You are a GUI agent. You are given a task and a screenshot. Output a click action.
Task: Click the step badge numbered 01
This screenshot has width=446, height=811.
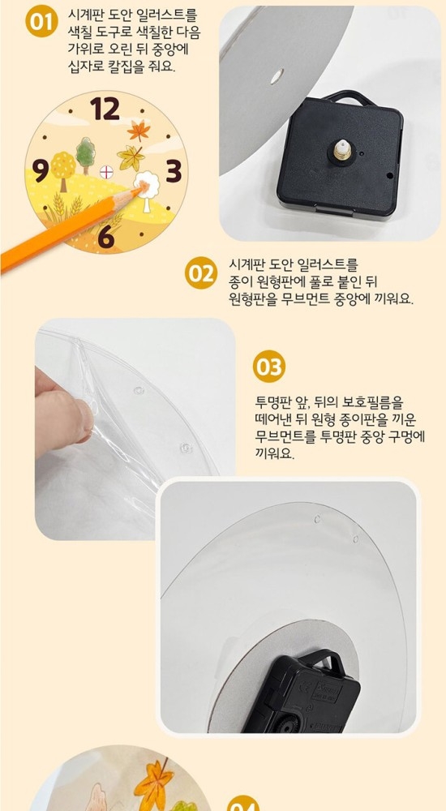pyautogui.click(x=41, y=21)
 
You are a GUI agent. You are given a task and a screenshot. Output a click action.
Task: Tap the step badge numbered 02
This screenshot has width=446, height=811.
pyautogui.click(x=201, y=273)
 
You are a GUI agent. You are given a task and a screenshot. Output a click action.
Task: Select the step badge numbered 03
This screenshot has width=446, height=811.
pyautogui.click(x=269, y=367)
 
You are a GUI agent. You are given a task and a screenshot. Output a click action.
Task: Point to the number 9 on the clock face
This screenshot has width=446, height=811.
pyautogui.click(x=40, y=170)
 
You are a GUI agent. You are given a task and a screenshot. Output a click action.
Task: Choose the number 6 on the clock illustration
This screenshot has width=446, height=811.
pyautogui.click(x=106, y=236)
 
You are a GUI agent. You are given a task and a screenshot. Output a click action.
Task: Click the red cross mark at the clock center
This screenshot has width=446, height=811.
pyautogui.click(x=106, y=172)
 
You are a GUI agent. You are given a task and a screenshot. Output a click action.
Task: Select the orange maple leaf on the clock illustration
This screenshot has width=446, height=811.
pyautogui.click(x=139, y=130)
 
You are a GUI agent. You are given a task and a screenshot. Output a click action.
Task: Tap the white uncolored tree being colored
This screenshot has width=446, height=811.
pyautogui.click(x=147, y=188)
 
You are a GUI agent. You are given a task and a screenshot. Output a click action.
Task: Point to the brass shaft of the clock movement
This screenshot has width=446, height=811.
pyautogui.click(x=341, y=149)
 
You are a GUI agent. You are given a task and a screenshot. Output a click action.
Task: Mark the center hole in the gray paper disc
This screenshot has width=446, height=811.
pyautogui.click(x=277, y=76)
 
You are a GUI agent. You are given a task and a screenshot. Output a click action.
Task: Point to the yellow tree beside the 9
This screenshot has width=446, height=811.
pyautogui.click(x=62, y=169)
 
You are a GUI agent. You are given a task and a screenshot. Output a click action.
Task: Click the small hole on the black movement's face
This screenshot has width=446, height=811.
pyautogui.click(x=388, y=176)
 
